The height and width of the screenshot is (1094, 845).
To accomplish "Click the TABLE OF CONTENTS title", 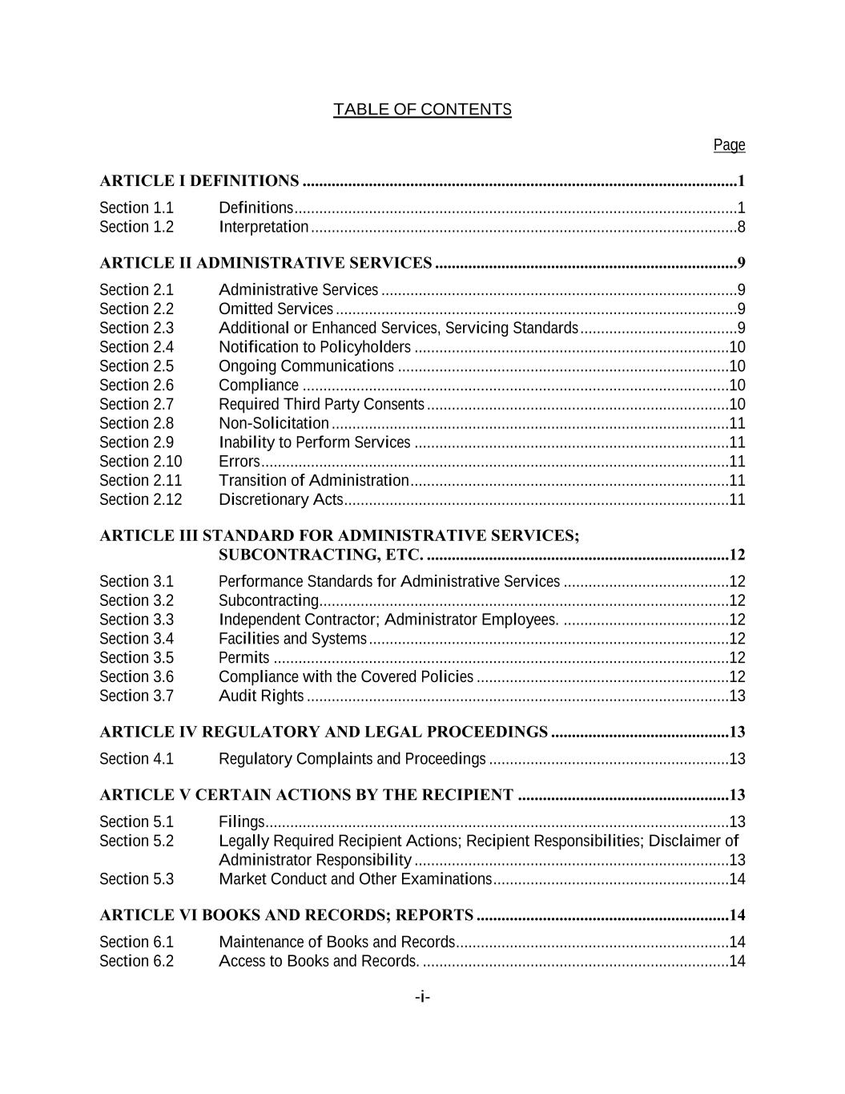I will pyautogui.click(x=422, y=110).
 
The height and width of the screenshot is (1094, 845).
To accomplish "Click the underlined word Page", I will pyautogui.click(x=729, y=145).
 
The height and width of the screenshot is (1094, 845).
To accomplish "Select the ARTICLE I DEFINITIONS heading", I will pyautogui.click(x=199, y=181).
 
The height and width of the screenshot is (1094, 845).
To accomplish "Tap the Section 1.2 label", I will pyautogui.click(x=136, y=227).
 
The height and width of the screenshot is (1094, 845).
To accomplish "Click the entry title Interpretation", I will pyautogui.click(x=264, y=227).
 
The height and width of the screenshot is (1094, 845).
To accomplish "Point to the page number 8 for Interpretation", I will pyautogui.click(x=741, y=227).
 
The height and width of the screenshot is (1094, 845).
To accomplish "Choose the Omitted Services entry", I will pyautogui.click(x=276, y=309).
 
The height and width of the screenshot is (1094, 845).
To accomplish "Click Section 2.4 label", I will pyautogui.click(x=136, y=347).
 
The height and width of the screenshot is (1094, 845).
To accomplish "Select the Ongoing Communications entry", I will pyautogui.click(x=306, y=366).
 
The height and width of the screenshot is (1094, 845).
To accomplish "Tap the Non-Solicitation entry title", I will pyautogui.click(x=273, y=423).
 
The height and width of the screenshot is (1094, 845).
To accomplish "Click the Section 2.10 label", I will pyautogui.click(x=140, y=462).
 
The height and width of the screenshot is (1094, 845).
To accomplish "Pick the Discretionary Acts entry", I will pyautogui.click(x=280, y=500).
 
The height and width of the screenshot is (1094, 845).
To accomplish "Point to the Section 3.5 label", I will pyautogui.click(x=136, y=658).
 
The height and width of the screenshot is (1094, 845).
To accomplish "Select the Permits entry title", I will pyautogui.click(x=243, y=658).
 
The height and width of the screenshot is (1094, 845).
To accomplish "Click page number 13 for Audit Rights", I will pyautogui.click(x=737, y=696).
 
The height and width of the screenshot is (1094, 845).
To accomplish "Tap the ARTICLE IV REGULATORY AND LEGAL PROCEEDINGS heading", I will pyautogui.click(x=324, y=732).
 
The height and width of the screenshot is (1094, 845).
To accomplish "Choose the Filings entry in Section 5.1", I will pyautogui.click(x=241, y=822).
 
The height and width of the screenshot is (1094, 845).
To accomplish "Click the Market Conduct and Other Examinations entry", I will pyautogui.click(x=355, y=879).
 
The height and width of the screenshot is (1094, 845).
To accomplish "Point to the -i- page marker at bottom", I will pyautogui.click(x=422, y=997).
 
